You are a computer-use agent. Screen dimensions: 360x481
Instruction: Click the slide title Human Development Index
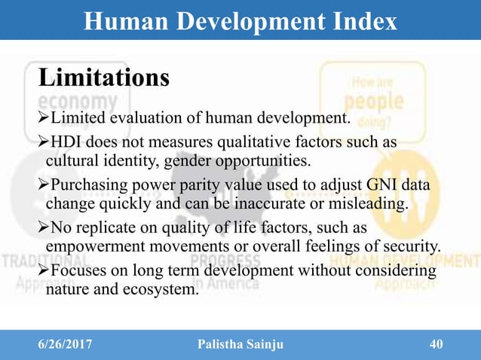tap(240, 21)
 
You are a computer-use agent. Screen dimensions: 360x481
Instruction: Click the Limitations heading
tap(103, 77)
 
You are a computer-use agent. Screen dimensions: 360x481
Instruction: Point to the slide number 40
tap(435, 344)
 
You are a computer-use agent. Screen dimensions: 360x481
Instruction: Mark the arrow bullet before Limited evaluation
tap(42, 117)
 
